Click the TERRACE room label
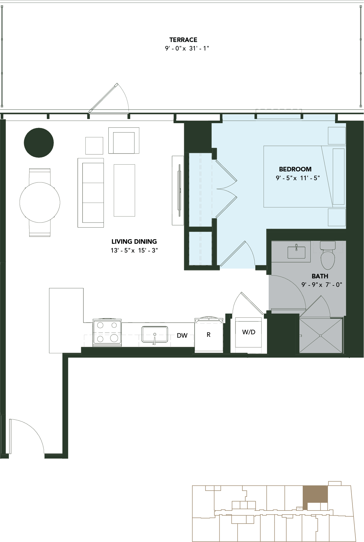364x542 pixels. click(x=183, y=40)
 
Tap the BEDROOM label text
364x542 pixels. click(x=295, y=169)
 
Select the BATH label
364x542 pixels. click(x=320, y=276)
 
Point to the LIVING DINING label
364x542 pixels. click(x=134, y=241)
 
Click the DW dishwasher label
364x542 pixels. click(x=182, y=335)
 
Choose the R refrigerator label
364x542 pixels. click(x=209, y=335)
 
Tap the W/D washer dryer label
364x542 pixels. click(x=249, y=332)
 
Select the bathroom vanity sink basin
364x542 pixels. click(x=296, y=252)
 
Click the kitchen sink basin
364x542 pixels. click(x=155, y=334)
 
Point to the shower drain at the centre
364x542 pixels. click(x=321, y=336)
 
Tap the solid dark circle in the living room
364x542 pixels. click(x=39, y=142)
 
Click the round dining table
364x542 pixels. click(x=40, y=202)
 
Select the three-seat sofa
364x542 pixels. click(x=91, y=193)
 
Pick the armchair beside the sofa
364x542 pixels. click(x=124, y=140)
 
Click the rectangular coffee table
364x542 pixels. click(x=124, y=190)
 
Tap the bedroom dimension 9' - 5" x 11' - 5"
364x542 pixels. click(x=298, y=178)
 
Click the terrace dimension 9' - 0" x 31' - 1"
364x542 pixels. click(x=187, y=48)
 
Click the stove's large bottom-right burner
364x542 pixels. click(x=114, y=338)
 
